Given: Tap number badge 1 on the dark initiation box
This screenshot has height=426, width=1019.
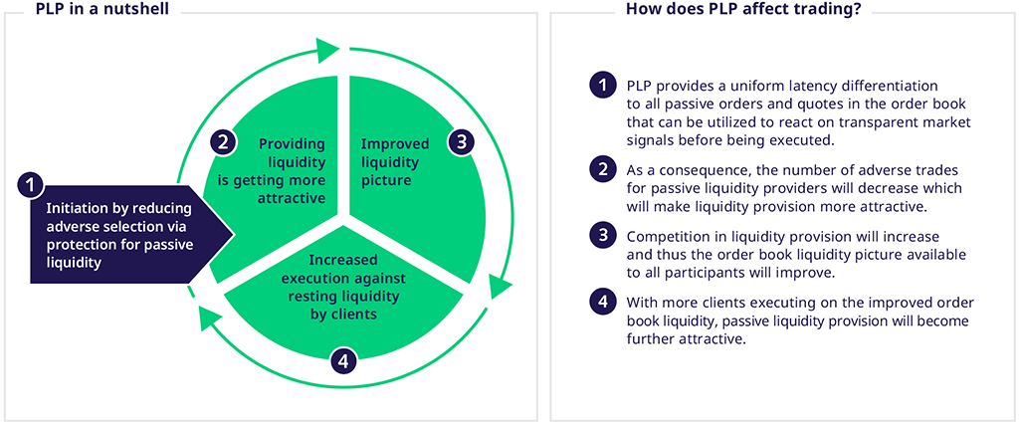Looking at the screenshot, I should pos(32,184).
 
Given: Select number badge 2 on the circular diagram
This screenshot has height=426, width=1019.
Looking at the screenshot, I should pos(223,141).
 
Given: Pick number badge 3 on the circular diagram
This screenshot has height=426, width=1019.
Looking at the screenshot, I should pos(459,141).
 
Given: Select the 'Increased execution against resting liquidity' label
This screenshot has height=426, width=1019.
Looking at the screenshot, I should pos(341,289).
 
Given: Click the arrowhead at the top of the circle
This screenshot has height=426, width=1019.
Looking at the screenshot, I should pos(328,47).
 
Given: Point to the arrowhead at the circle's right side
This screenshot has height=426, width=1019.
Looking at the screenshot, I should pos(501,286).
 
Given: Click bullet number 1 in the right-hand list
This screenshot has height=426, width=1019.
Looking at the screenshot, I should pos(602,87).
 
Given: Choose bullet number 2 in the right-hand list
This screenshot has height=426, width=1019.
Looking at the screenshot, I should pos(602,169).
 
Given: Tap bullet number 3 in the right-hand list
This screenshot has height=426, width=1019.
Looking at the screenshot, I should pos(602,237).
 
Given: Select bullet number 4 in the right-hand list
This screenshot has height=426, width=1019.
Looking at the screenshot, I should pos(602,304).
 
